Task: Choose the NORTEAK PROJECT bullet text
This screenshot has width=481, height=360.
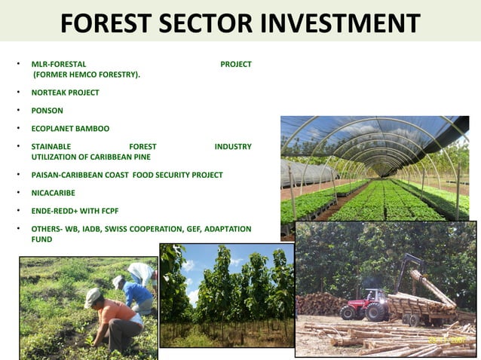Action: coord(65,93)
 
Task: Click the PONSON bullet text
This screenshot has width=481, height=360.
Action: coord(47,111)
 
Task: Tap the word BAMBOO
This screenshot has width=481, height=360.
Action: coord(92,129)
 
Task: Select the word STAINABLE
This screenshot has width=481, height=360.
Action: coord(51,146)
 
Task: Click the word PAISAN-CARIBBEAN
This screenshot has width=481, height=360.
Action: coord(66,175)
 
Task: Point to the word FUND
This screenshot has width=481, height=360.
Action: coord(41,239)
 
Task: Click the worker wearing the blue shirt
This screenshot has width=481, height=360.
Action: coord(137,294)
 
